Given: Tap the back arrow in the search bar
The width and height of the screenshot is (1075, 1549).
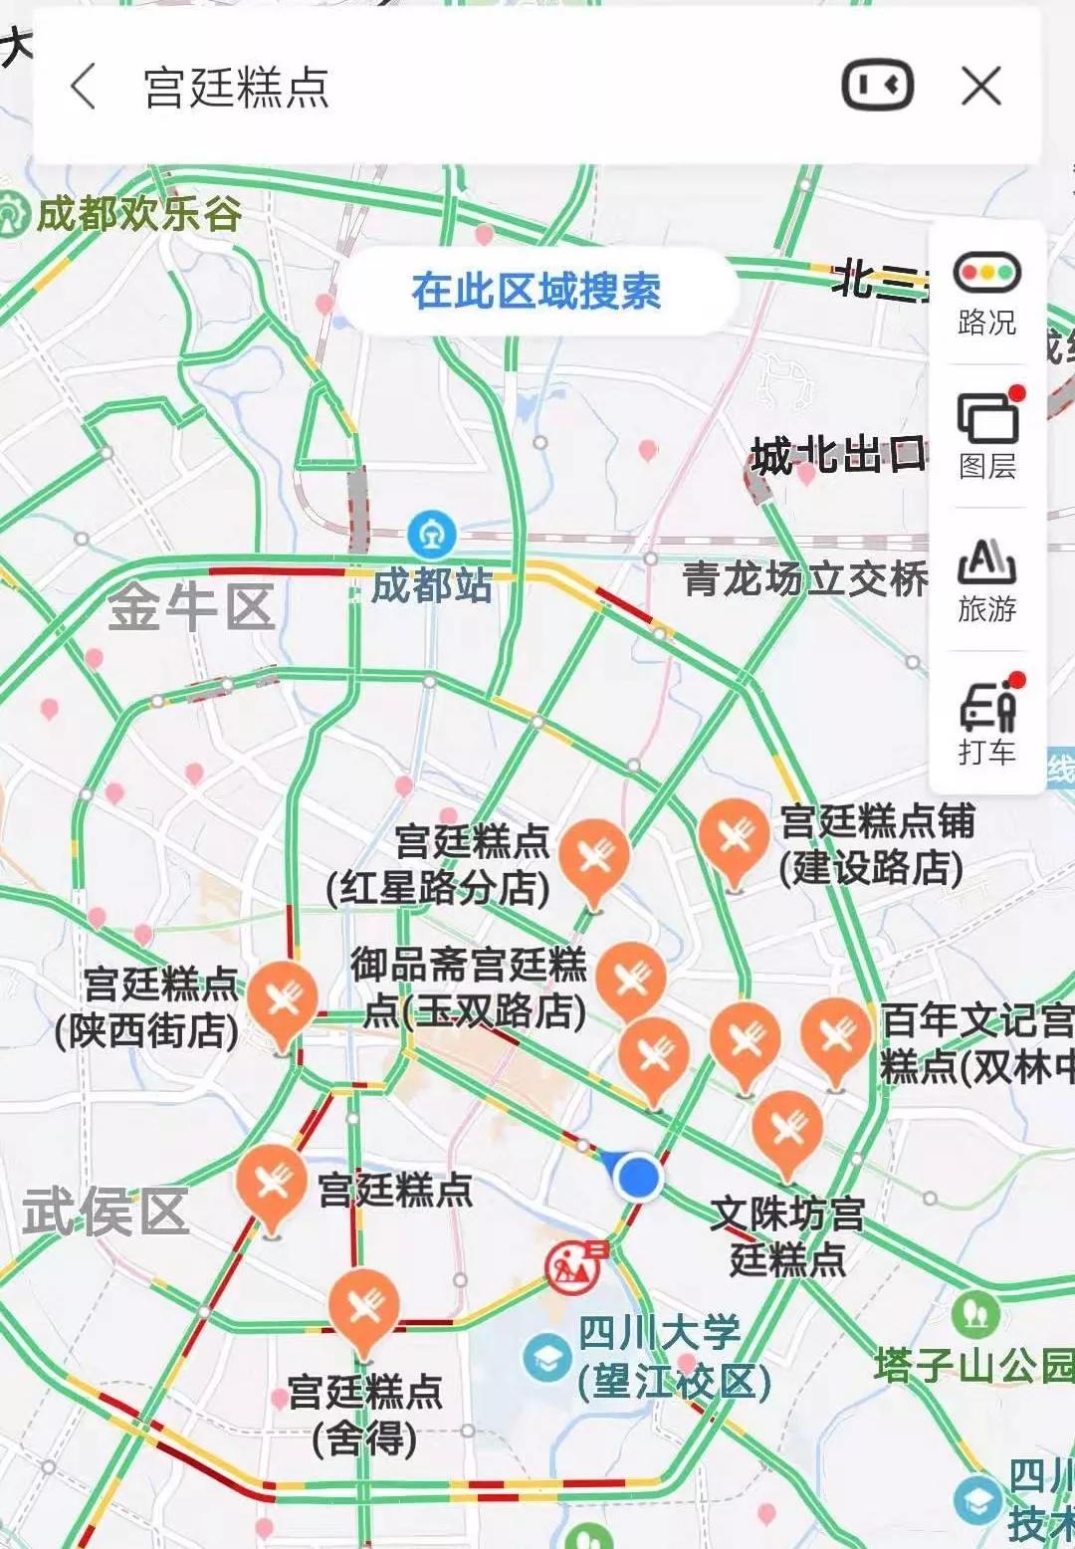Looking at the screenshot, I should tap(84, 87).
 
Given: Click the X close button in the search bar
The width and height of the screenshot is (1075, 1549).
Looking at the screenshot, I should tap(980, 87).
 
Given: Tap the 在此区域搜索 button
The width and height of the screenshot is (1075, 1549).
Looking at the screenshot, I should tap(537, 291).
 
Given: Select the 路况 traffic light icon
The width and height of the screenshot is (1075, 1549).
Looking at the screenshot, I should tap(986, 273).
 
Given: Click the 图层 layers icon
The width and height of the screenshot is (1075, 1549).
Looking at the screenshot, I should tap(986, 418).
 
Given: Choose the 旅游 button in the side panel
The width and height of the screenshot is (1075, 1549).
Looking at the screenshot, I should tap(986, 563).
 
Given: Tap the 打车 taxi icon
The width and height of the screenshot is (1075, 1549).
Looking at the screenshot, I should tap(986, 709).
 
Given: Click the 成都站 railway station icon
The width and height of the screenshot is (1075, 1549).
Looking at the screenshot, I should tap(432, 535).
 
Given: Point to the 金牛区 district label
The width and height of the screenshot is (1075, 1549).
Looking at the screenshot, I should tap(190, 607).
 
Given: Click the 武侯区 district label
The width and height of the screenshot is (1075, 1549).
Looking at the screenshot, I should tap(106, 1212).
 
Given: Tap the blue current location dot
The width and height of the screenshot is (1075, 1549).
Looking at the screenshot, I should tap(637, 1178).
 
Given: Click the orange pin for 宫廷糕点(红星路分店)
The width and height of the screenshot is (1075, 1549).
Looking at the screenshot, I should tap(594, 856).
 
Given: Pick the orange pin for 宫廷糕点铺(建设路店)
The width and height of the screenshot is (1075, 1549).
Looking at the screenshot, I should tap(735, 837).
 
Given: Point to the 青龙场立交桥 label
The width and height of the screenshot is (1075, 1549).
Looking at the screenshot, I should tap(804, 578).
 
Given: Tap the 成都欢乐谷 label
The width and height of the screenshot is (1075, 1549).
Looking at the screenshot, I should tap(138, 213).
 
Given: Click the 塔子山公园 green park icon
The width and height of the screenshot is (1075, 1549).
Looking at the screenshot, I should tap(975, 1315).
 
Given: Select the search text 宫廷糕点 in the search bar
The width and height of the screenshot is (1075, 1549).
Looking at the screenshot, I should tap(236, 88).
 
